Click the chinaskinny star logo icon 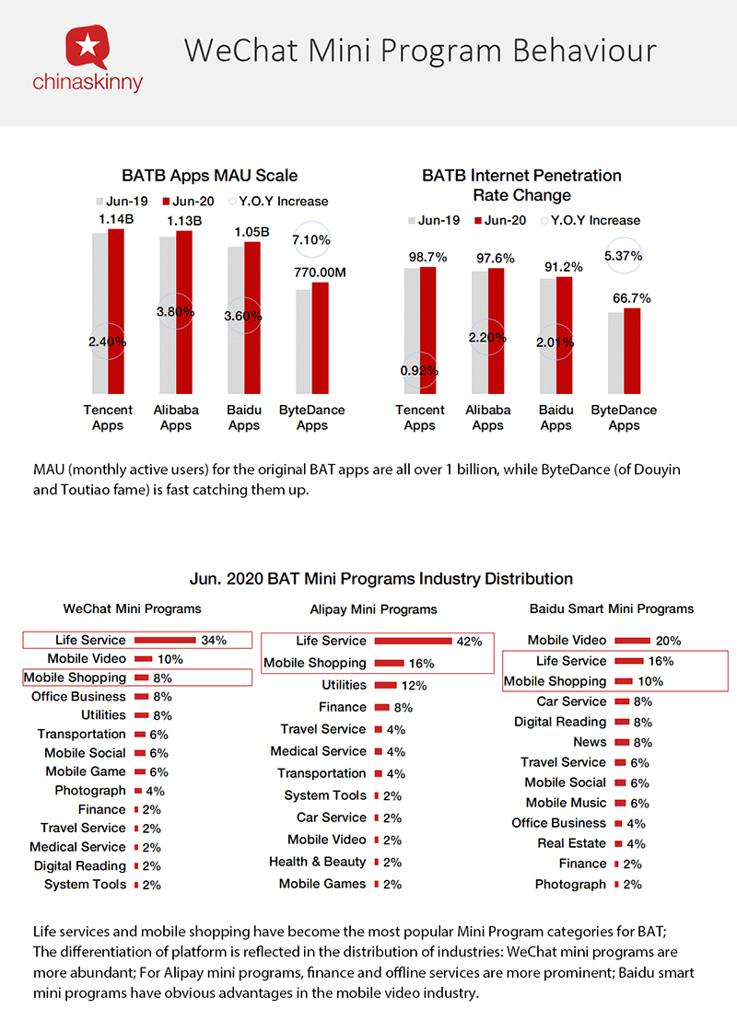tap(87, 46)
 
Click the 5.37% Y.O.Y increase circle tap(623, 255)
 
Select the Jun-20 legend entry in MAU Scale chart tap(190, 201)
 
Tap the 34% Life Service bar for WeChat tap(166, 640)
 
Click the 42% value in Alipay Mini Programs tap(469, 642)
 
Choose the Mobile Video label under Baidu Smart tap(567, 640)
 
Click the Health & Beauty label tap(317, 862)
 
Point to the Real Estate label tap(572, 843)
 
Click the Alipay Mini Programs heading tap(373, 609)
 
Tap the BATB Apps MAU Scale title tap(210, 175)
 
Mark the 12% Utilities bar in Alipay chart tap(386, 685)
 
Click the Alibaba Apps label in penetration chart tap(487, 418)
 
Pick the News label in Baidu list tap(590, 742)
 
